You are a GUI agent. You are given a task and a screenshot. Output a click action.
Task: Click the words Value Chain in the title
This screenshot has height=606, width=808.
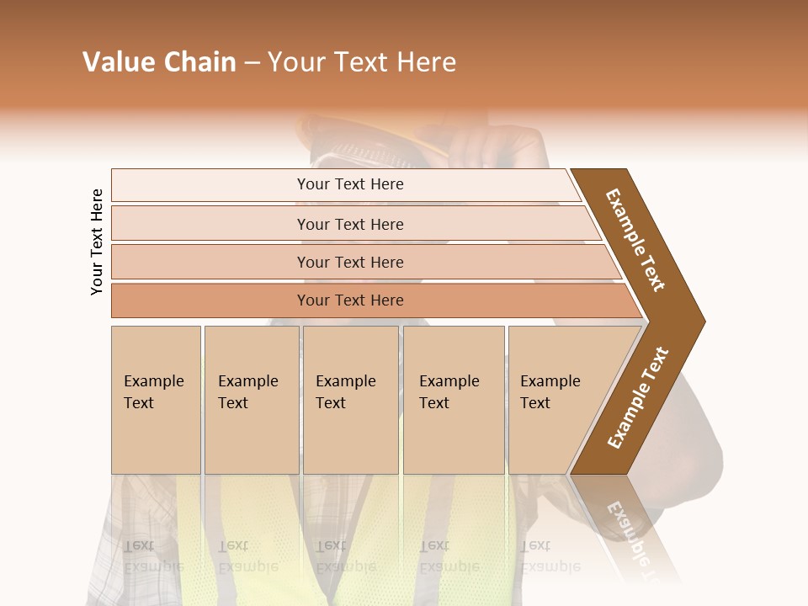point(159,62)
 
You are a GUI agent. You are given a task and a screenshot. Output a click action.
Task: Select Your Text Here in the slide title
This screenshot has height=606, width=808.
point(362,62)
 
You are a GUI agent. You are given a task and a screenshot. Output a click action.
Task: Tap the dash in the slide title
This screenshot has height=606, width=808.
point(252,63)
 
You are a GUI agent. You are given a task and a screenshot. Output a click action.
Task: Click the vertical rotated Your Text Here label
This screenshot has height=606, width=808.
point(97,242)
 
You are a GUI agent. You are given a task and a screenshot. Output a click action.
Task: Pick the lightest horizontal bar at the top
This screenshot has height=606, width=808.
point(350,184)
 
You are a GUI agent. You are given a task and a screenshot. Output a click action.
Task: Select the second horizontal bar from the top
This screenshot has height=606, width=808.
point(350,224)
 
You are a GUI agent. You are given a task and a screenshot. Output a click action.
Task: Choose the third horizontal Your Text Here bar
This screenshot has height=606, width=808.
point(350,262)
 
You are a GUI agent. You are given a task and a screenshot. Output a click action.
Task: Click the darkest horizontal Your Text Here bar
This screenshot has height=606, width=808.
point(350,300)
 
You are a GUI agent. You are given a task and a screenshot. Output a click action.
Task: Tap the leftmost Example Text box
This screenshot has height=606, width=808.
point(156,399)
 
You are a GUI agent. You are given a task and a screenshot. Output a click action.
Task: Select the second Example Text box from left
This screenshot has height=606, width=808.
point(251,399)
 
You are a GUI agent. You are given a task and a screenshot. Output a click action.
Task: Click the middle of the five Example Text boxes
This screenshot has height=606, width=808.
point(350,399)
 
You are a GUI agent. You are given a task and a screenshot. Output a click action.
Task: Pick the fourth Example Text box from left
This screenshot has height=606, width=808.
point(454,399)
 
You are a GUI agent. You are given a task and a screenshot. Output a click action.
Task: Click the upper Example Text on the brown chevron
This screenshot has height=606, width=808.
point(635,240)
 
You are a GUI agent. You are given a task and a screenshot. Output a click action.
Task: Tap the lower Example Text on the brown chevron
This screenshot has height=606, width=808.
point(638,397)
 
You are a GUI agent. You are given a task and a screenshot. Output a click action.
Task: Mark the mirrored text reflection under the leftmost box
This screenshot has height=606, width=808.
point(153,555)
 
